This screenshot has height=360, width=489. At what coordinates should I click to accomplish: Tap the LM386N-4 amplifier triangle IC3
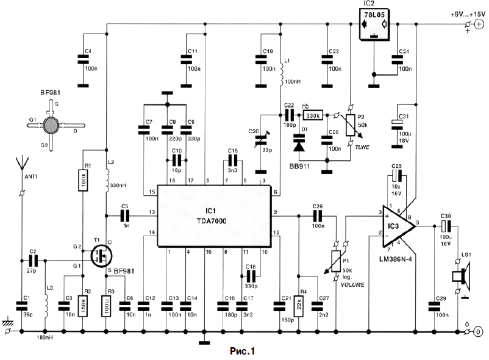(x=394, y=226)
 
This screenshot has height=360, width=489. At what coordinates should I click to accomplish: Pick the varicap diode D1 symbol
(x=299, y=145)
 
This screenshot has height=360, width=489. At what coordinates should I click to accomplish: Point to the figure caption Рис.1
(x=241, y=351)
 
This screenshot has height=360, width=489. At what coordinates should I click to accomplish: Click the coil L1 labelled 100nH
(x=282, y=72)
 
